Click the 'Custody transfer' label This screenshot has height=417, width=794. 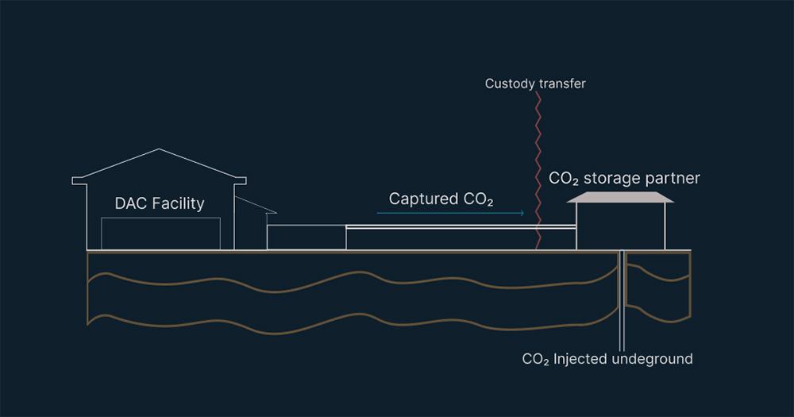tap(535, 83)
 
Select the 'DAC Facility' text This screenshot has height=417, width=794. tap(160, 204)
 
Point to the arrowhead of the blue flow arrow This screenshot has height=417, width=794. tap(522, 213)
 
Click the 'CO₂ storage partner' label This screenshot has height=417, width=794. tap(624, 178)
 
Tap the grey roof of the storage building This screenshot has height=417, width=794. tap(620, 197)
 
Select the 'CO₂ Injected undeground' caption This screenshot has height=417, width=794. tap(607, 359)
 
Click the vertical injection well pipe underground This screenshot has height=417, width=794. tap(622, 302)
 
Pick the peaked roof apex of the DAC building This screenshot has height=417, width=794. tap(160, 149)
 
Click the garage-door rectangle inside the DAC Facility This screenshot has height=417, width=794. tap(160, 234)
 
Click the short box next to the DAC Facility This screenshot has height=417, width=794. tap(306, 237)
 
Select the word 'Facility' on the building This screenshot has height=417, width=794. tap(179, 204)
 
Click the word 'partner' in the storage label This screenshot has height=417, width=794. tap(673, 178)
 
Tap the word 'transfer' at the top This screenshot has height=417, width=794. tap(559, 83)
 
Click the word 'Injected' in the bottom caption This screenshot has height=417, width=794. tap(582, 359)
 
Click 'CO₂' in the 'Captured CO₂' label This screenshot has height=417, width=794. tap(478, 199)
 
